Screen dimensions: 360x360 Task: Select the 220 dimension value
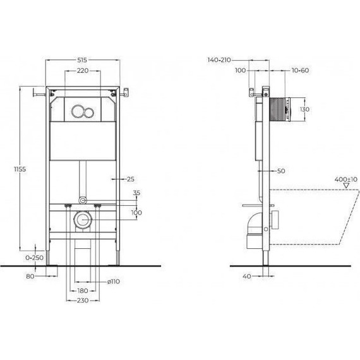[x=83, y=71]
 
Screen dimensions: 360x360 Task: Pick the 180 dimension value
[x=83, y=291]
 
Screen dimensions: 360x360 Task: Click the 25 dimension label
[x=131, y=179]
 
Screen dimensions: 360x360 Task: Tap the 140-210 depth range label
[x=219, y=60]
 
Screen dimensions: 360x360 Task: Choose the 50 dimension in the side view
[x=281, y=171]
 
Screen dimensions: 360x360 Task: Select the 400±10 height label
[x=342, y=179]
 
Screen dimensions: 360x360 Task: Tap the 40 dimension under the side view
[x=247, y=276]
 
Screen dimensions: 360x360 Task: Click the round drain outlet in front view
[x=83, y=220]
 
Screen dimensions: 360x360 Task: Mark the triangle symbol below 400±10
[x=345, y=186]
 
